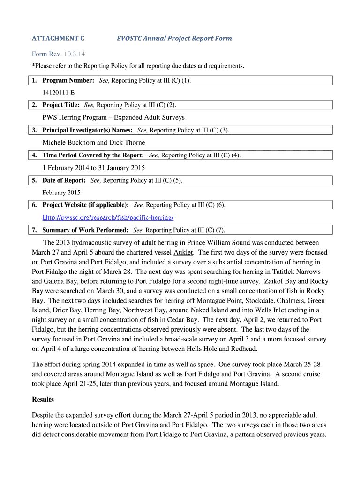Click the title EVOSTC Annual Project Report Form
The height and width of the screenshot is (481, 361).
tap(174, 39)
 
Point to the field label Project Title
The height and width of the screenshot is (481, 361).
tap(61, 105)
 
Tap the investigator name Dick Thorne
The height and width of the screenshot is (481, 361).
tap(128, 142)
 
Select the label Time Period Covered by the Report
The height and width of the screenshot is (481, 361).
tap(93, 155)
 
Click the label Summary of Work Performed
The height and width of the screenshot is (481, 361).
tap(85, 230)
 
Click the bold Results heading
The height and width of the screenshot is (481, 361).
tap(43, 399)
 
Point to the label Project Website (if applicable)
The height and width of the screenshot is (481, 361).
tap(86, 205)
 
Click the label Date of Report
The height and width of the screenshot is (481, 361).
tap(64, 180)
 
